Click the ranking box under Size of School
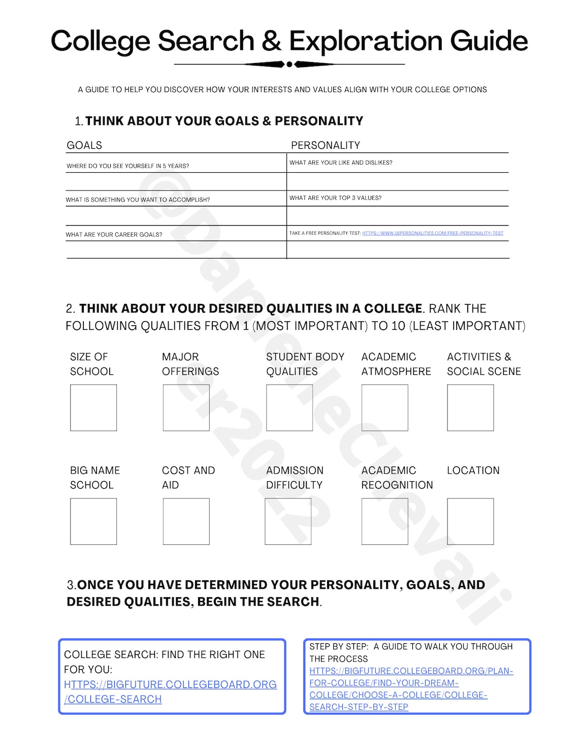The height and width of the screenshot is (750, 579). [x=93, y=408]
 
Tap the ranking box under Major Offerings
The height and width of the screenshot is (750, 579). [x=186, y=408]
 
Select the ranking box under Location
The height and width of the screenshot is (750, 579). [x=470, y=521]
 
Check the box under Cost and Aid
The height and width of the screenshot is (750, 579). [x=186, y=521]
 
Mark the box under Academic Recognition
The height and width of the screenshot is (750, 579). [x=384, y=521]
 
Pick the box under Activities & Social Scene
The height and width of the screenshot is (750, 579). [x=470, y=408]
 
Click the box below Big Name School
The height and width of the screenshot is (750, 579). [x=93, y=521]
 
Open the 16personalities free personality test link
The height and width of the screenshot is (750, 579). [x=432, y=233]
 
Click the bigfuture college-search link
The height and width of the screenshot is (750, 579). [x=170, y=692]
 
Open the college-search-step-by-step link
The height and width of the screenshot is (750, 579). [x=411, y=689]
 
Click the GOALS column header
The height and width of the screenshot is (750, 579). [x=84, y=145]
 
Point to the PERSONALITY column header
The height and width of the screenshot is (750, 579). [x=325, y=145]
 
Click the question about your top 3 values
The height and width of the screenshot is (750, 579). [x=335, y=198]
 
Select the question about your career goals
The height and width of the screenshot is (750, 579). [x=114, y=235]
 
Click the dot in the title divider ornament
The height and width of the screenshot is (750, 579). [x=289, y=65]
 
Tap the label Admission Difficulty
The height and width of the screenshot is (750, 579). [x=295, y=478]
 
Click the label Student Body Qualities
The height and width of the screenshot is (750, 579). [x=305, y=364]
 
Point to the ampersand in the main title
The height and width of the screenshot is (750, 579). [x=272, y=41]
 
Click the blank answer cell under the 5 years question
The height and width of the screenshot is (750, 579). [x=176, y=181]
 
